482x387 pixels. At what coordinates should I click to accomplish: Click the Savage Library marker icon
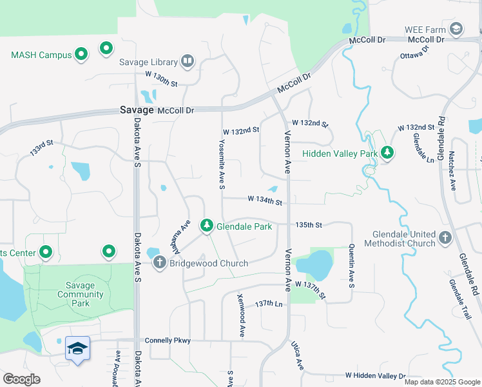click(188, 61)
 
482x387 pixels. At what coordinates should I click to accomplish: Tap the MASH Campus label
click(41, 55)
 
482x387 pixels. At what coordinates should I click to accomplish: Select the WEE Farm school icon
click(456, 29)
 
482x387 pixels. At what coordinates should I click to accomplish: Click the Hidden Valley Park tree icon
click(387, 154)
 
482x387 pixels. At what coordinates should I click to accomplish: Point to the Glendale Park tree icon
click(207, 226)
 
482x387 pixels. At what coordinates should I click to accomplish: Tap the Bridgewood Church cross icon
click(160, 263)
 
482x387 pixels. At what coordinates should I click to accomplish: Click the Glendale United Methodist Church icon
click(445, 239)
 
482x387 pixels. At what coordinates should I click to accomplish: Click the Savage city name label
click(137, 110)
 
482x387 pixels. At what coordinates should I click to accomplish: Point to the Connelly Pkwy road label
click(168, 340)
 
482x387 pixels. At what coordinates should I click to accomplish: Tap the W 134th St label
click(265, 202)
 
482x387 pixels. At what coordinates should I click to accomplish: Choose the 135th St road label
click(308, 225)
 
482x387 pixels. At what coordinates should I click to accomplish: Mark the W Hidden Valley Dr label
click(374, 375)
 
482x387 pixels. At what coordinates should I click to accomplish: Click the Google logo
click(22, 379)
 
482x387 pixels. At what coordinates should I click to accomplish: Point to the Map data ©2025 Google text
click(442, 382)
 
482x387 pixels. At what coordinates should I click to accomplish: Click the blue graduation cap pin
click(77, 349)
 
